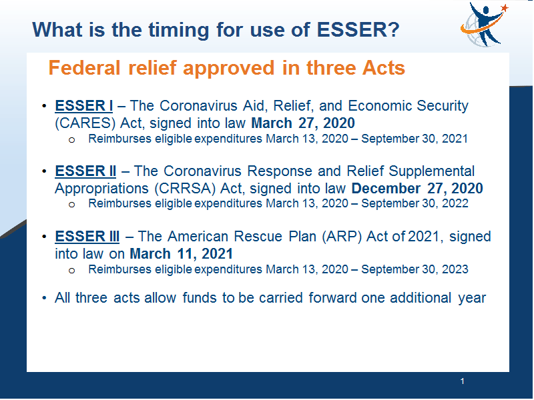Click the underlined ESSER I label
pyautogui.click(x=84, y=106)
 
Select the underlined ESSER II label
pyautogui.click(x=85, y=171)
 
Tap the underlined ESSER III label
pyautogui.click(x=87, y=237)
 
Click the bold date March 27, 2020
pyautogui.click(x=303, y=123)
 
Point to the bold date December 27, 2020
pyautogui.click(x=417, y=189)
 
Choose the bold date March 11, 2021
pyautogui.click(x=181, y=254)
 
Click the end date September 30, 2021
pyautogui.click(x=415, y=139)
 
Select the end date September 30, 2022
pyautogui.click(x=415, y=203)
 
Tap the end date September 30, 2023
pyautogui.click(x=415, y=269)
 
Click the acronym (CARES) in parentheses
pyautogui.click(x=85, y=123)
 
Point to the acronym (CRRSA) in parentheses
pyautogui.click(x=186, y=189)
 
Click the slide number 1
pyautogui.click(x=462, y=381)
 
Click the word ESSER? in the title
pyautogui.click(x=358, y=29)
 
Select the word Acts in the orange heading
pyautogui.click(x=383, y=68)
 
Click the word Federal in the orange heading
pyautogui.click(x=85, y=68)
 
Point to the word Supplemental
pyautogui.click(x=431, y=172)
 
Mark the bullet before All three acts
pyautogui.click(x=44, y=298)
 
